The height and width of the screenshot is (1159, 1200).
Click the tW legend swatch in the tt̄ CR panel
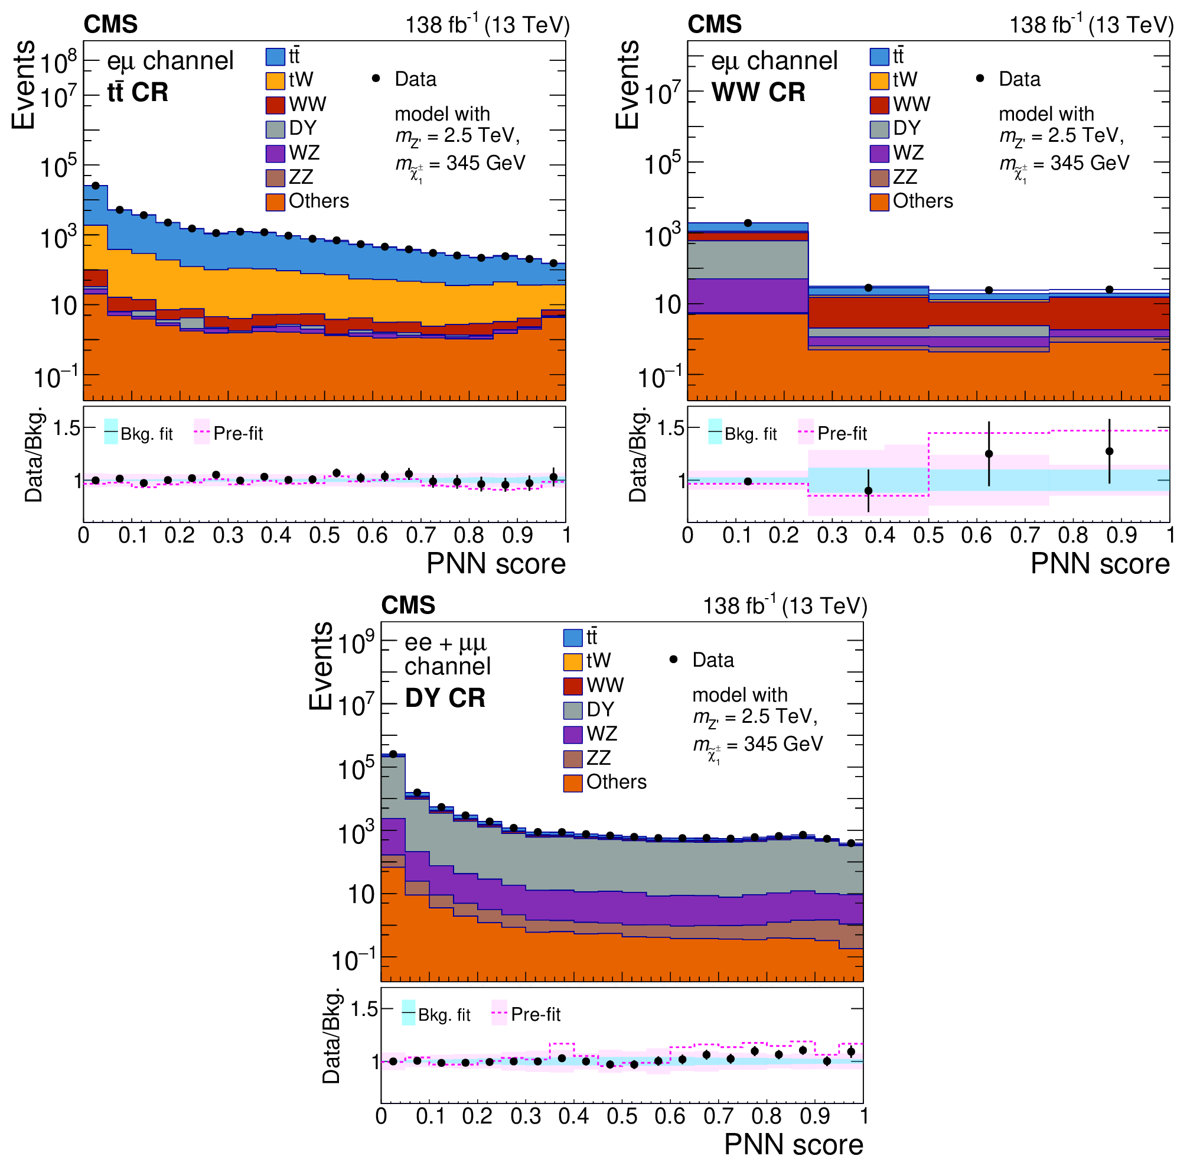pyautogui.click(x=275, y=80)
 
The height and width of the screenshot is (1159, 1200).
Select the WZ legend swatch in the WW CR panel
pyautogui.click(x=879, y=153)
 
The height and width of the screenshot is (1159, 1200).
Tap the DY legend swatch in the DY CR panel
pyautogui.click(x=572, y=709)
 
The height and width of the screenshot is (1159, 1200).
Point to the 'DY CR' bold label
pyautogui.click(x=445, y=699)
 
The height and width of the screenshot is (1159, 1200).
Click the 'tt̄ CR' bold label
pyautogui.click(x=138, y=93)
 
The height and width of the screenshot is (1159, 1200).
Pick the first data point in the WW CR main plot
pyautogui.click(x=748, y=223)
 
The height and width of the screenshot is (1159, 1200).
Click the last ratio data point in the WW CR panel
pyautogui.click(x=1109, y=452)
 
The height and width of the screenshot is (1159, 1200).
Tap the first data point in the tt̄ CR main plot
pyautogui.click(x=96, y=186)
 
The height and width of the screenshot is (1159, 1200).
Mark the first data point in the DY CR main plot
pyautogui.click(x=393, y=754)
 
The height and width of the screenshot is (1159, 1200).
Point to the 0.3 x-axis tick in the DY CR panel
pyautogui.click(x=526, y=1116)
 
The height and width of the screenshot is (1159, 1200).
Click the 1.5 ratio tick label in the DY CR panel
pyautogui.click(x=364, y=1009)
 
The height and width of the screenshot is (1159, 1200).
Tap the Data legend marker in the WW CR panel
pyautogui.click(x=980, y=79)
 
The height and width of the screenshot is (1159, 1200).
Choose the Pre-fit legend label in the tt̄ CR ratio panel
pyautogui.click(x=238, y=434)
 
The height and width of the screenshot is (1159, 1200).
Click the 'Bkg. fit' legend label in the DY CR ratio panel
pyautogui.click(x=444, y=1015)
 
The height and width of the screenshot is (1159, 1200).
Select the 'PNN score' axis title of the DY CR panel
pyautogui.click(x=794, y=1144)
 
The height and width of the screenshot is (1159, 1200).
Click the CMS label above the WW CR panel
pyautogui.click(x=714, y=24)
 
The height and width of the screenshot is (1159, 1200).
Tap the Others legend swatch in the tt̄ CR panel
pyautogui.click(x=275, y=202)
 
